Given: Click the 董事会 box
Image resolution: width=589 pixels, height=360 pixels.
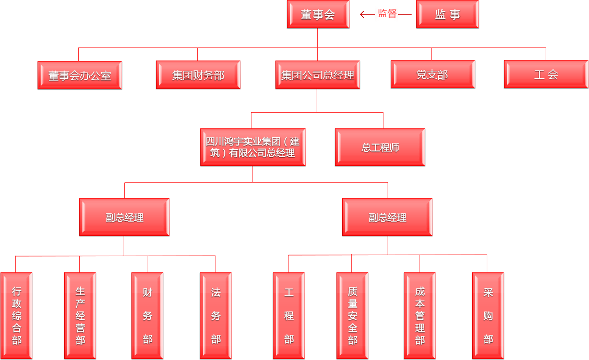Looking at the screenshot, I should click(x=317, y=15).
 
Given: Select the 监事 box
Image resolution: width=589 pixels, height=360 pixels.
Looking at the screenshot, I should click(x=447, y=15).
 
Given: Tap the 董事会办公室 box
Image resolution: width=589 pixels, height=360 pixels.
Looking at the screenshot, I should click(x=80, y=76).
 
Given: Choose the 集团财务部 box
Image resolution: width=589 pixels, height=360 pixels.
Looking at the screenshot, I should click(x=198, y=75).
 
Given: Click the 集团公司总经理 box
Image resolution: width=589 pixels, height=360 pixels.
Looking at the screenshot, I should click(x=318, y=75).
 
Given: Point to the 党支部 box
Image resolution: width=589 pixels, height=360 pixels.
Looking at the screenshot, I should click(x=433, y=75).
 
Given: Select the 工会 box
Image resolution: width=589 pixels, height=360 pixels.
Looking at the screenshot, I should click(x=546, y=75).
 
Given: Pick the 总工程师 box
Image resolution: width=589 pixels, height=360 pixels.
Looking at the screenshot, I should click(x=380, y=148).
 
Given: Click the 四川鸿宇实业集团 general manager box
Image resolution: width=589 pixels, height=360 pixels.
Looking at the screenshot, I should click(x=253, y=148).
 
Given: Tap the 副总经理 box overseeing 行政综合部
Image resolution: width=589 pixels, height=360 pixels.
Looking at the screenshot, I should click(x=124, y=218).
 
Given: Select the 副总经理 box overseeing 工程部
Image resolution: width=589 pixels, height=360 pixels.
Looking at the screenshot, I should click(x=387, y=218).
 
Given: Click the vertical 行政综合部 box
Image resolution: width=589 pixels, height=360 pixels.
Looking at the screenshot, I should click(x=17, y=316).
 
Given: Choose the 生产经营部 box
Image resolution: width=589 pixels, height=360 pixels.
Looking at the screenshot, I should click(x=80, y=316).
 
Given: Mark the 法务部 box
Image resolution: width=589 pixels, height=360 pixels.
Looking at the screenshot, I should click(x=216, y=316).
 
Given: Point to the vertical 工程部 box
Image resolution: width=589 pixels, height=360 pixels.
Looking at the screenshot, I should click(x=289, y=316).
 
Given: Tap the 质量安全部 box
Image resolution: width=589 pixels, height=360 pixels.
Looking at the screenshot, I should click(x=353, y=316).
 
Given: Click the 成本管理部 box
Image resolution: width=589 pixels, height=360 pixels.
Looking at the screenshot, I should click(x=420, y=316).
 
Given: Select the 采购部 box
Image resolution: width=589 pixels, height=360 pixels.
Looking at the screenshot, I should click(x=488, y=316).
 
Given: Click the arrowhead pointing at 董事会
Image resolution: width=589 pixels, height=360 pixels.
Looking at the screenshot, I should click(x=363, y=15).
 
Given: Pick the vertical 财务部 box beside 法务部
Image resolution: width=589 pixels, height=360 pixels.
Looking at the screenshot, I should click(x=148, y=316).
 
